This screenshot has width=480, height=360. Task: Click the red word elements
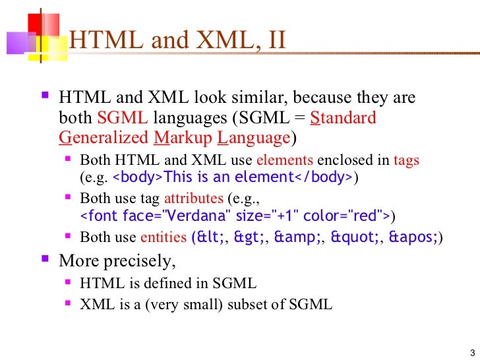[285, 160]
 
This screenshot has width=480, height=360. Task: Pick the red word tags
[406, 160]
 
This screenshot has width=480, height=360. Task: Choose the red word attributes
[194, 198]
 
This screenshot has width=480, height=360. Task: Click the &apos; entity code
[415, 237]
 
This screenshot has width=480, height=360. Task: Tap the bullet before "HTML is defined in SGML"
[71, 283]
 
